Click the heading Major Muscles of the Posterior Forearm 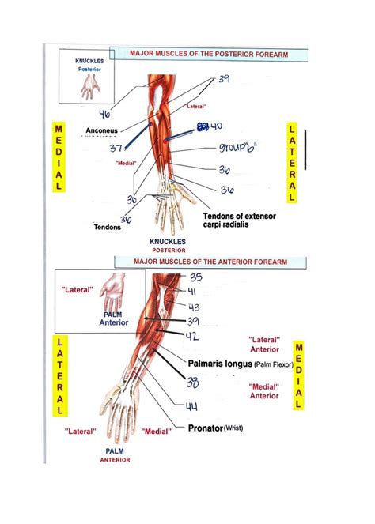210,54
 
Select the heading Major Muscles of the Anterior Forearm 210,261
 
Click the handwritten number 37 116,148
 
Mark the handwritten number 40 214,126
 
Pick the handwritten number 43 195,307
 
